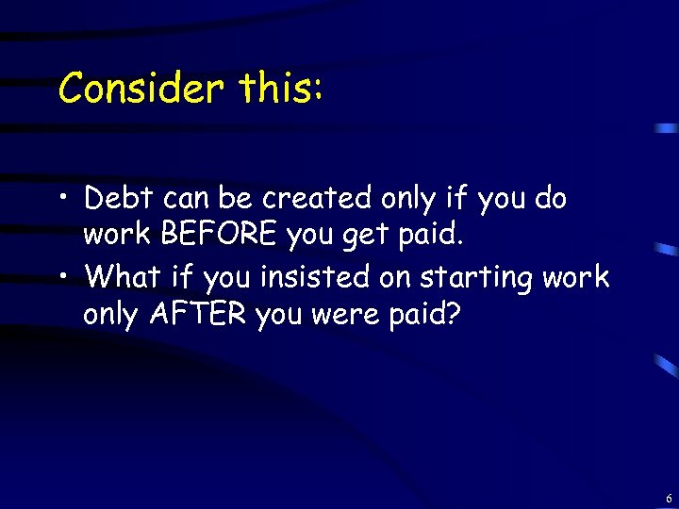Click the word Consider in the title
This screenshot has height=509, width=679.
(141, 89)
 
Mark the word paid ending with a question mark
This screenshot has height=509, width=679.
(428, 315)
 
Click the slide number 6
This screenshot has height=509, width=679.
(668, 497)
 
